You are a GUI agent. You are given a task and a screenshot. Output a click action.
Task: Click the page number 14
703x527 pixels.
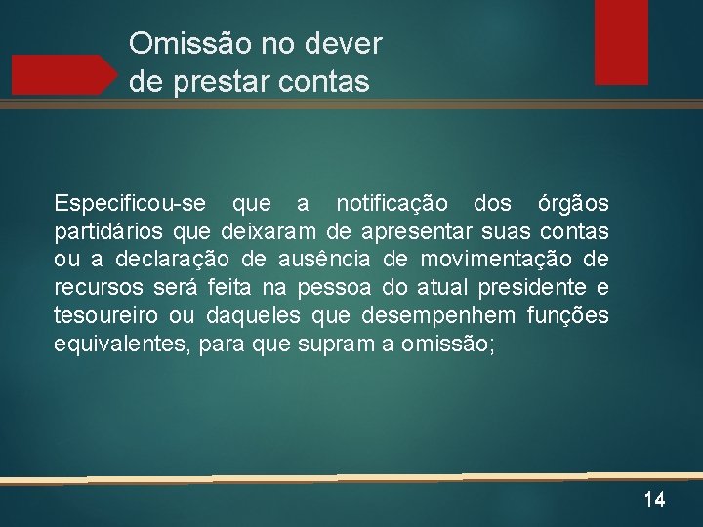pyautogui.click(x=654, y=500)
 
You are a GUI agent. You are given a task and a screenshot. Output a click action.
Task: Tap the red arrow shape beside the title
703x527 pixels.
pyautogui.click(x=63, y=74)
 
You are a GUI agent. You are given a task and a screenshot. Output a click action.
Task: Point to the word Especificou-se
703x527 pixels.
pyautogui.click(x=130, y=204)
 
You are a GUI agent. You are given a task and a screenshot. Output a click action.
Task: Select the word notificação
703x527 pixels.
pyautogui.click(x=392, y=204)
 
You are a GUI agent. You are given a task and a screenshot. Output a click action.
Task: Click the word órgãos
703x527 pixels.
pyautogui.click(x=573, y=204)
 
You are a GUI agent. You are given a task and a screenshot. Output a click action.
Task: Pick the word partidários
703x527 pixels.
pyautogui.click(x=108, y=232)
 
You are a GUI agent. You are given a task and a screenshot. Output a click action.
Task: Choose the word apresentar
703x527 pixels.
pyautogui.click(x=417, y=232)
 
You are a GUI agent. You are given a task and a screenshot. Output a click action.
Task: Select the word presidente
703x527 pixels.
pyautogui.click(x=539, y=288)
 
